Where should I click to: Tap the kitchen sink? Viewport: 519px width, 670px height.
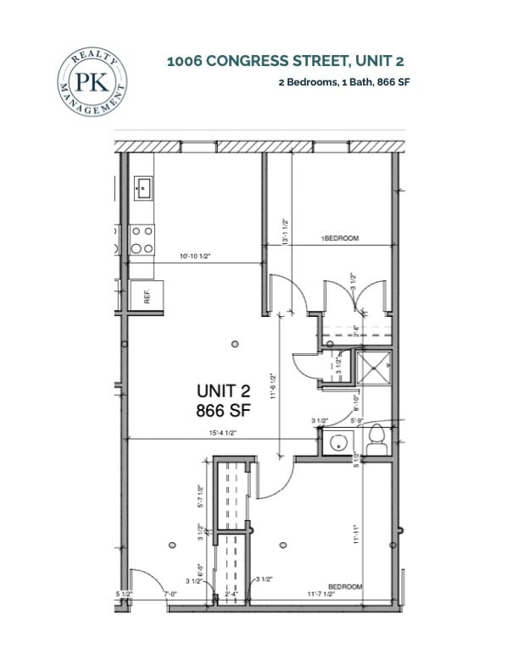142,187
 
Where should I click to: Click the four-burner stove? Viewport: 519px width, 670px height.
142,239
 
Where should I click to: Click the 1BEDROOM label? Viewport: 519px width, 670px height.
340,239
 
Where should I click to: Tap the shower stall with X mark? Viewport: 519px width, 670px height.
373,368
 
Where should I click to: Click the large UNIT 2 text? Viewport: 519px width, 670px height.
224,391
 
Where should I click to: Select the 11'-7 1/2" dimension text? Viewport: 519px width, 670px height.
320,595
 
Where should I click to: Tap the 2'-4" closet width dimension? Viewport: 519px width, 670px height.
231,595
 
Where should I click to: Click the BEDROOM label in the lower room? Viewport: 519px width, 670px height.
345,586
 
